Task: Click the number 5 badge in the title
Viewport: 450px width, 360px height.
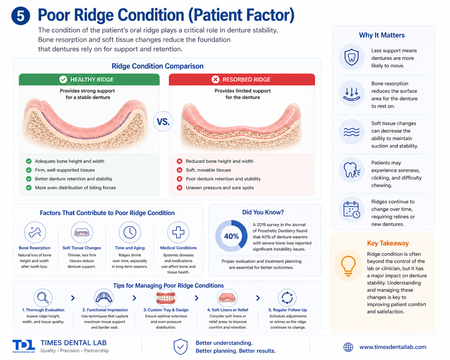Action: [x=21, y=16]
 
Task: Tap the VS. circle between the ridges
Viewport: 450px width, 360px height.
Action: [x=163, y=122]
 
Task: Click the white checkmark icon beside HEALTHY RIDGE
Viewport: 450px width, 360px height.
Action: [x=63, y=80]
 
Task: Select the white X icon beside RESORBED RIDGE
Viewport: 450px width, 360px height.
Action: [x=215, y=80]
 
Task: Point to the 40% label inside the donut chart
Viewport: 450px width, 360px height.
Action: [x=231, y=236]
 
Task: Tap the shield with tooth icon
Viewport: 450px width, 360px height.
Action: [x=351, y=57]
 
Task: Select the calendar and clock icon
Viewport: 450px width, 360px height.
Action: [x=352, y=210]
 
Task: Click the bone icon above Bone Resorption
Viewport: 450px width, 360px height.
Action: [x=35, y=232]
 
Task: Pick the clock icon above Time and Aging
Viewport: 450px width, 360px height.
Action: [x=130, y=232]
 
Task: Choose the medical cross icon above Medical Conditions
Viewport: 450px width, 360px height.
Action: [x=178, y=232]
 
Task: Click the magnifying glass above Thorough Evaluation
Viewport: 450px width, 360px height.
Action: [x=43, y=298]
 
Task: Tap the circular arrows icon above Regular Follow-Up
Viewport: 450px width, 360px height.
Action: [x=287, y=298]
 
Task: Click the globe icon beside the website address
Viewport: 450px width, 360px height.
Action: [x=348, y=347]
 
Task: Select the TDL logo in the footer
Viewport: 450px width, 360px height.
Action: [x=24, y=346]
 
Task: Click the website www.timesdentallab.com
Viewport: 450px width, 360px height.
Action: [x=393, y=347]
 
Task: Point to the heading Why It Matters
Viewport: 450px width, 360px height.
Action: [x=382, y=35]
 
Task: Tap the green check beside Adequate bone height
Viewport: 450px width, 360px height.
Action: [x=29, y=161]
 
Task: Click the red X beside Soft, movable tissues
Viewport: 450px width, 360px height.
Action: [x=179, y=170]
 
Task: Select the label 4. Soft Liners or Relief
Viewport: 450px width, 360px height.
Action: [x=228, y=310]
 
